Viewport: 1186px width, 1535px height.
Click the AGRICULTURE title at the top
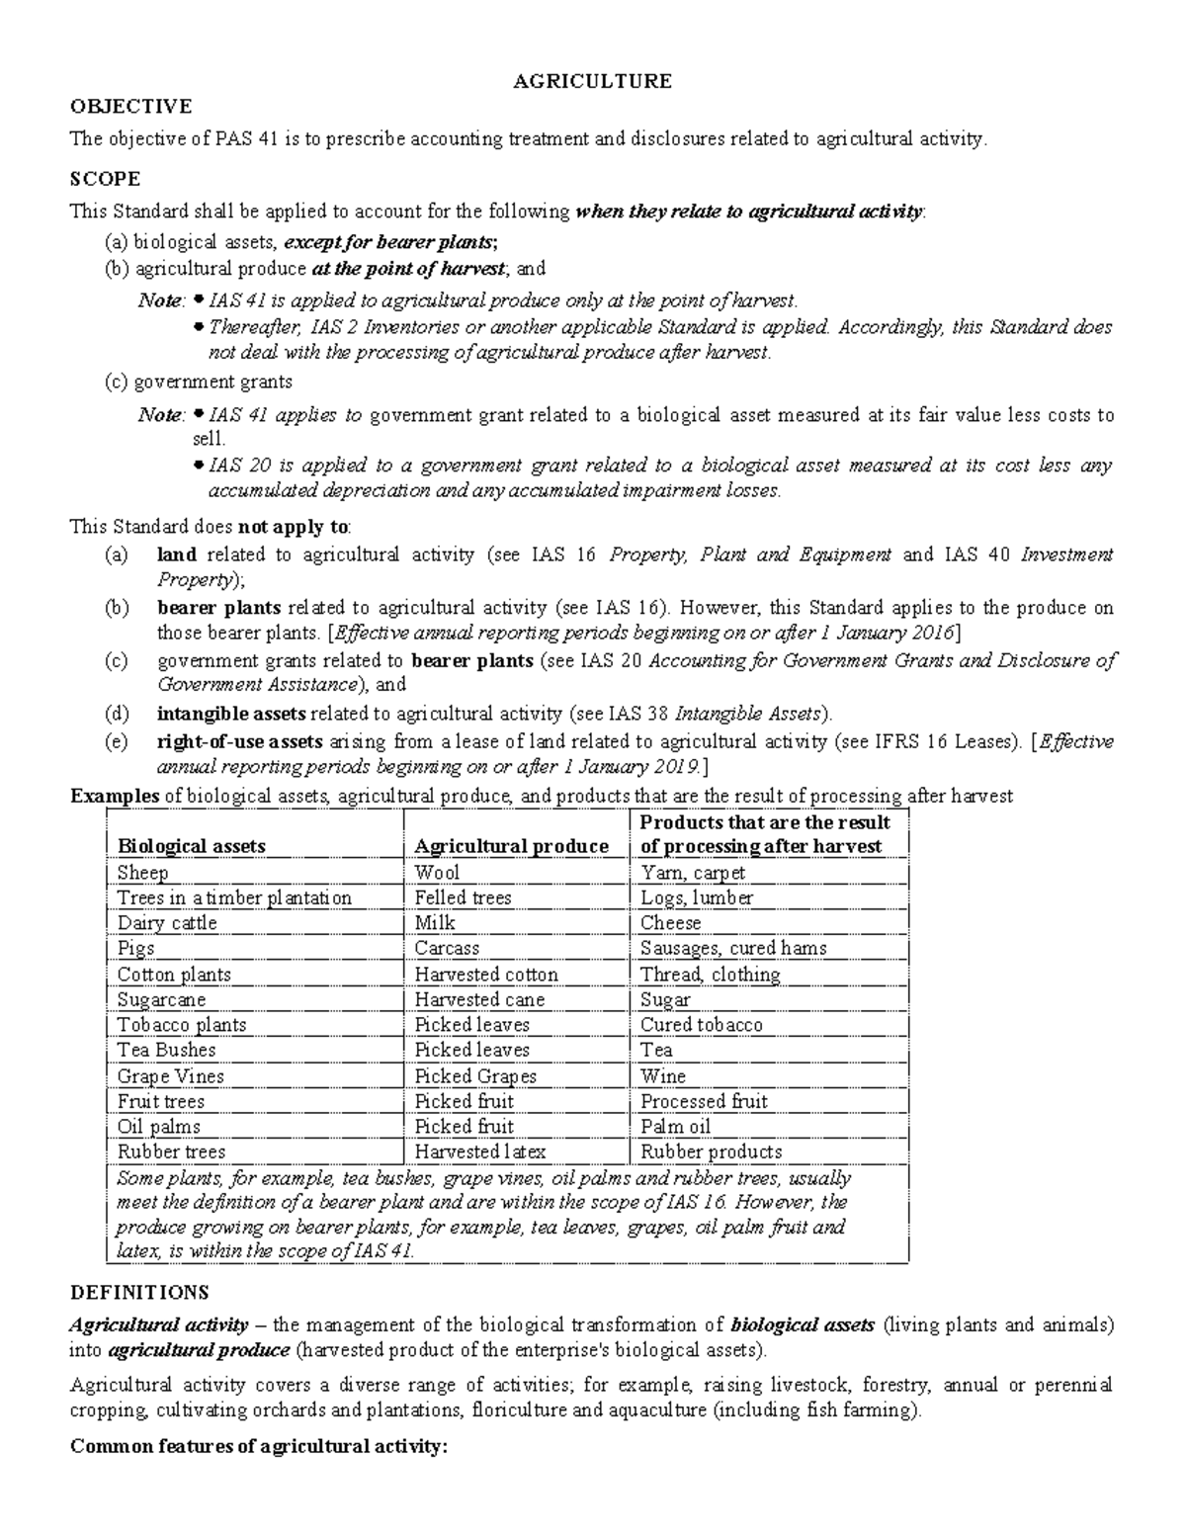(592, 81)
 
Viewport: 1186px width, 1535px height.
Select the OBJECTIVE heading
(129, 107)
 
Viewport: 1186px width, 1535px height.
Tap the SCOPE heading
(105, 179)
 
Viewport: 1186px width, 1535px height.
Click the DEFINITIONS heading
(139, 1292)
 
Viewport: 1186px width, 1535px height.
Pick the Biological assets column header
(191, 846)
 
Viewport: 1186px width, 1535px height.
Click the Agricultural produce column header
(511, 846)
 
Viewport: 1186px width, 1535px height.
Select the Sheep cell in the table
(142, 873)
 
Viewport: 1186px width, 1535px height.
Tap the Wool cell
(437, 873)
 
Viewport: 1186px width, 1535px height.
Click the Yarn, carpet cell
(693, 873)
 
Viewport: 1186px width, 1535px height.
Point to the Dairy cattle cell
(166, 923)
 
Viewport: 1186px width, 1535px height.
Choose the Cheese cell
(670, 923)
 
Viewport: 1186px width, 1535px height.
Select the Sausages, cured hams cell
(733, 948)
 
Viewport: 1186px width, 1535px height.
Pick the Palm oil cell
(675, 1127)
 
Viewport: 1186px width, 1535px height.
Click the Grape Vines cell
(170, 1076)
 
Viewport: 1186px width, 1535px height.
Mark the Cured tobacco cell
(701, 1025)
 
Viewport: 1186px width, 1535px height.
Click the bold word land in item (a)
(176, 554)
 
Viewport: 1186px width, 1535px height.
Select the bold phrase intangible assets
(232, 713)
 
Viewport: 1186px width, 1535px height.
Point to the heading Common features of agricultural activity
(259, 1446)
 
